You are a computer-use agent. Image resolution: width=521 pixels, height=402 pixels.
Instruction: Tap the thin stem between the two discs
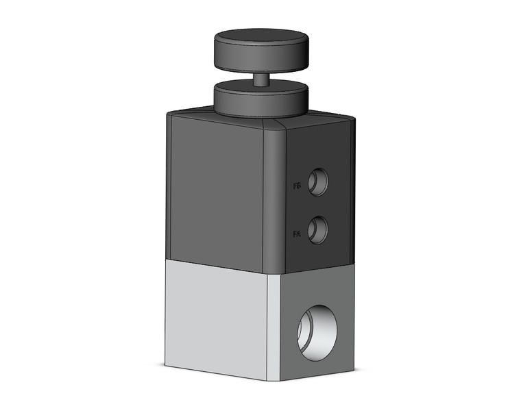(x=260, y=79)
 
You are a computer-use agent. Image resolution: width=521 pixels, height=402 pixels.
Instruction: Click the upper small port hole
(x=317, y=181)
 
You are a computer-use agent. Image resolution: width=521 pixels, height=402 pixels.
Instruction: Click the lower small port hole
(x=317, y=229)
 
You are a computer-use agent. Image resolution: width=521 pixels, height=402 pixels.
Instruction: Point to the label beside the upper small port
(x=297, y=186)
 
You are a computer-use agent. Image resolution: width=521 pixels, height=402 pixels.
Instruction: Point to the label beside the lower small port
(x=297, y=234)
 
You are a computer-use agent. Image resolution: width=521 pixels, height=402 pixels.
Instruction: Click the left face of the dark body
(x=216, y=188)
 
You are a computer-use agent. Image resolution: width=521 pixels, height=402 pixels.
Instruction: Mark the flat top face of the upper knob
(x=259, y=38)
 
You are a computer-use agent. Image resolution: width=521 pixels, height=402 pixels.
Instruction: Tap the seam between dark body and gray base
(x=219, y=263)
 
